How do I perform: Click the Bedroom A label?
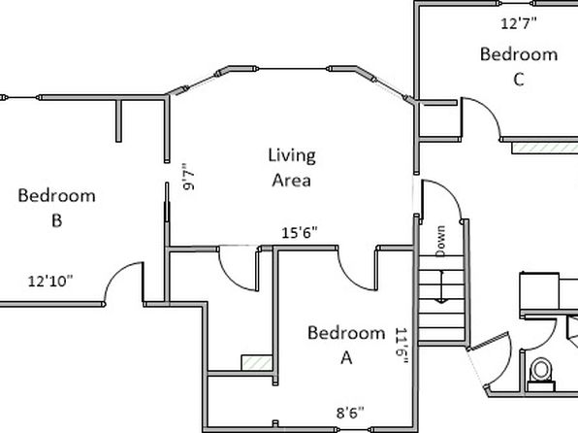tap(346, 345)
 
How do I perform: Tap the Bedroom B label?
tap(57, 208)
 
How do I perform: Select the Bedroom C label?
tap(519, 66)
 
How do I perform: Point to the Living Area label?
tap(292, 168)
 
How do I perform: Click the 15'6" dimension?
tap(300, 233)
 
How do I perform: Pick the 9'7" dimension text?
tap(188, 177)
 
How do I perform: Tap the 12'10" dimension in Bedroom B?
tap(50, 282)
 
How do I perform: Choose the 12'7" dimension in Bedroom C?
tap(519, 23)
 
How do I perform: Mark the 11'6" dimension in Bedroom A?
tap(401, 346)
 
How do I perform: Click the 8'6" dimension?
tap(350, 413)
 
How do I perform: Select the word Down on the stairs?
tap(440, 241)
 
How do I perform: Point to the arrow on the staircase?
tap(441, 286)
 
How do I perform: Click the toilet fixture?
tap(541, 375)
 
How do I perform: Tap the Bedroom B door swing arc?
tap(116, 273)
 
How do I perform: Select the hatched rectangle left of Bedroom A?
tap(257, 363)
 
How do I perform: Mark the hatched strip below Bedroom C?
tap(545, 148)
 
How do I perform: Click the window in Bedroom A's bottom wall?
tap(353, 430)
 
